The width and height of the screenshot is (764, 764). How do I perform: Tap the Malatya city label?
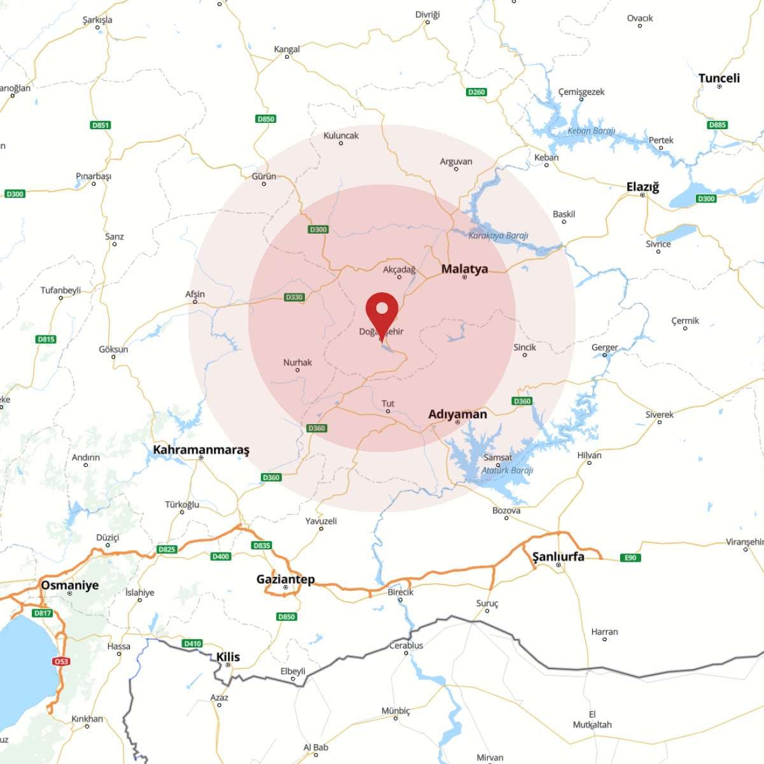coord(464,269)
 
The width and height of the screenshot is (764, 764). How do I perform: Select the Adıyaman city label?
coord(457,414)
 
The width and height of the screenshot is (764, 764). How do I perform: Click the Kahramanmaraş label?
coord(201,449)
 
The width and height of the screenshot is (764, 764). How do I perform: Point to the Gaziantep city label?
coord(285,579)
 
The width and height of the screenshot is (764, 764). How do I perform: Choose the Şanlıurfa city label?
coord(558,556)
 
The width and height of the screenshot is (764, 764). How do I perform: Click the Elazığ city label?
coord(642,187)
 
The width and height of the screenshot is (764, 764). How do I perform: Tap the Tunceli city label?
coord(719,78)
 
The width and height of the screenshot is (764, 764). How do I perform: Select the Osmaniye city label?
coord(69,585)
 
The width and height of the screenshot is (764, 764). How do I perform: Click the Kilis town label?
coord(228,657)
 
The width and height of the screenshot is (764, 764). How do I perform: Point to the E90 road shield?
coord(630,558)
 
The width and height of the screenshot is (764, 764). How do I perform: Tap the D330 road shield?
coord(294,297)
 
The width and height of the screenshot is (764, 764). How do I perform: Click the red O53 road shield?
coord(60,661)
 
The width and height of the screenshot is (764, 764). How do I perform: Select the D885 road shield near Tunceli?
coord(717,125)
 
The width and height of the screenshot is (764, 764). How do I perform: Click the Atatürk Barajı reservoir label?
coord(507,470)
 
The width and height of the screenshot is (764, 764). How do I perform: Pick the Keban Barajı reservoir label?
coord(591,131)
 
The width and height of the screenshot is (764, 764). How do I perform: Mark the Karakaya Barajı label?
coord(498,236)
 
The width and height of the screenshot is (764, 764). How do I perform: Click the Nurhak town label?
coord(297,362)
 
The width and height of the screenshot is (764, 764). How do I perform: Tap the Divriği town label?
coord(427,15)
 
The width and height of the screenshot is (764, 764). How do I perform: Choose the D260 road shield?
coord(476,92)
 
